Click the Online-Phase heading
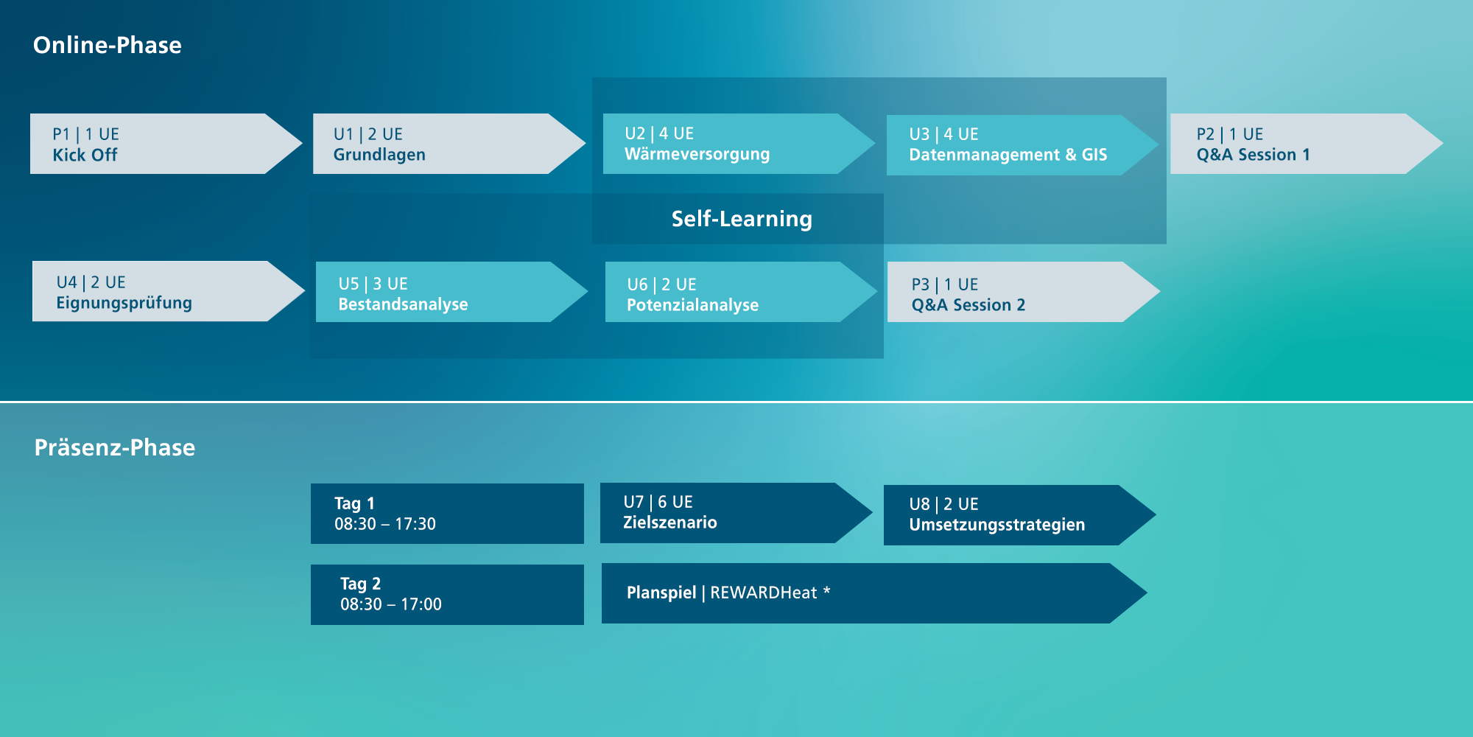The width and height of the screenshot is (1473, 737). (x=108, y=45)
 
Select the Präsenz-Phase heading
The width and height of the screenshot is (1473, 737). (x=115, y=447)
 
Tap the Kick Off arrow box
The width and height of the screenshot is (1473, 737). (x=166, y=144)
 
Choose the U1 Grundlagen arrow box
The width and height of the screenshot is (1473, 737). (x=449, y=144)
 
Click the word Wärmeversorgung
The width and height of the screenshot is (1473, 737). (x=697, y=155)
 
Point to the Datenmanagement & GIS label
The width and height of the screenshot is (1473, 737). (x=1008, y=155)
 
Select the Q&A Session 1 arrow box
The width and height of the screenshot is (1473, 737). (x=1307, y=144)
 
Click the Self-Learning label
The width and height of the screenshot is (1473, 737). (x=742, y=219)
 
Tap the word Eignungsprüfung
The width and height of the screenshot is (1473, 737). (x=124, y=303)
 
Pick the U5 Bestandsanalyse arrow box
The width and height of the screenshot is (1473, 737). (x=451, y=292)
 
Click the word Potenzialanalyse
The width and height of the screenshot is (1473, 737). (x=693, y=305)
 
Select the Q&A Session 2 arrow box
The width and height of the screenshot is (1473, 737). (x=1024, y=292)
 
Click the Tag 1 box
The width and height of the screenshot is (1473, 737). (x=447, y=514)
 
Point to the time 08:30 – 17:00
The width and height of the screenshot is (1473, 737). (x=391, y=604)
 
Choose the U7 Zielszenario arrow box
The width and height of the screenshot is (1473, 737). (x=736, y=513)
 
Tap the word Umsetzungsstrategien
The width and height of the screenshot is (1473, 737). (x=997, y=525)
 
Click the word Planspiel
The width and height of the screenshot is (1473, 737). (x=661, y=593)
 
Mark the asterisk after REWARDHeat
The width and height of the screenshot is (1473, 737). (x=827, y=590)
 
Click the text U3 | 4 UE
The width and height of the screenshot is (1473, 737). (x=943, y=134)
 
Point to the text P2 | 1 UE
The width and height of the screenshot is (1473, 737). (x=1230, y=134)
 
